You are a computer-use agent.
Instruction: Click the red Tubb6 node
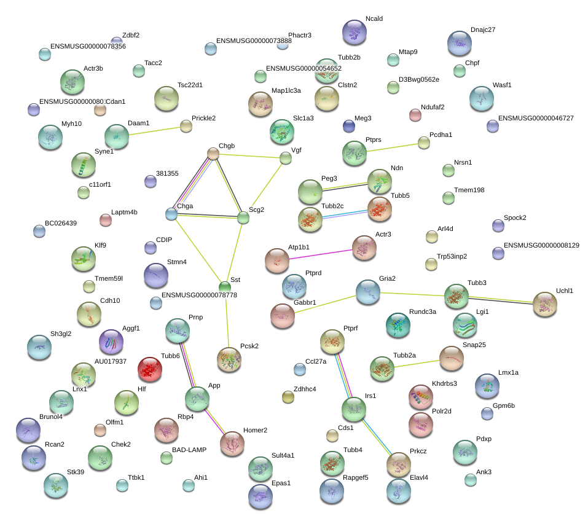pyautogui.click(x=149, y=369)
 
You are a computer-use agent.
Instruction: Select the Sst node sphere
pyautogui.click(x=225, y=286)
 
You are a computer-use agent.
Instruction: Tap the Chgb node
pyautogui.click(x=213, y=154)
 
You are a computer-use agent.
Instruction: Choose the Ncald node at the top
pyautogui.click(x=355, y=32)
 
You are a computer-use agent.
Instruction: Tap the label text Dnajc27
pyautogui.click(x=483, y=29)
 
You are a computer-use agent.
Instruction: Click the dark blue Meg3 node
pyautogui.click(x=349, y=127)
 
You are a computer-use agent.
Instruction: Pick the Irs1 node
pyautogui.click(x=354, y=409)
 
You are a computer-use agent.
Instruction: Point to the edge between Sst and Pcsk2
pyautogui.click(x=227, y=319)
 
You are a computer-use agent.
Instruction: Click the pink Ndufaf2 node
pyautogui.click(x=415, y=115)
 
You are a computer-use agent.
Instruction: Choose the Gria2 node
pyautogui.click(x=368, y=292)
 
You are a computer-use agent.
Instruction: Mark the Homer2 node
pyautogui.click(x=232, y=444)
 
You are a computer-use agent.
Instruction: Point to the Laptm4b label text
pyautogui.click(x=124, y=212)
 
